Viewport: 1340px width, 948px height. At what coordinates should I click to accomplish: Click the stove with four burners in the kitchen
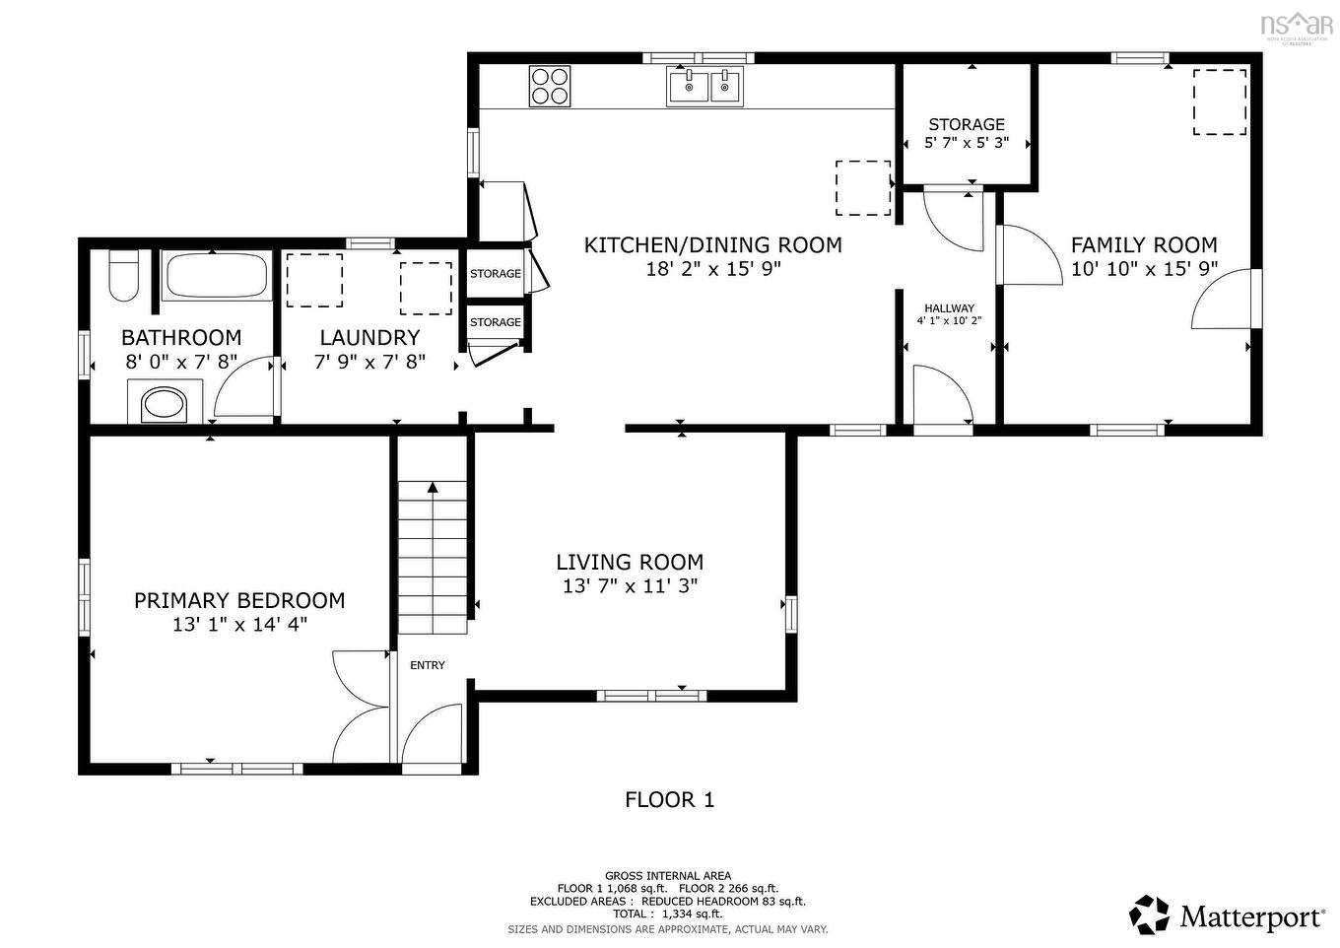550,85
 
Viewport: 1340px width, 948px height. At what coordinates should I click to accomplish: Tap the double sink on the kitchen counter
705,87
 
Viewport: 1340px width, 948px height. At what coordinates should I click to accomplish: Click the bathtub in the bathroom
217,276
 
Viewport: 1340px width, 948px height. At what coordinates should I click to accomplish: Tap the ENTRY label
428,665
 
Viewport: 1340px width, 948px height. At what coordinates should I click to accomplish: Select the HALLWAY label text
949,308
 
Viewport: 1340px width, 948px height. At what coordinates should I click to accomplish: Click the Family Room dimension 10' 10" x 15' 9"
1144,268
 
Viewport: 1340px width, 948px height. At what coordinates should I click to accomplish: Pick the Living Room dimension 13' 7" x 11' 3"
630,585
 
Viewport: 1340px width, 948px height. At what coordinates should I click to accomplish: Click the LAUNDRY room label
369,337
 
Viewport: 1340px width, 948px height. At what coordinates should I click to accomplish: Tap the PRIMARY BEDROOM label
239,600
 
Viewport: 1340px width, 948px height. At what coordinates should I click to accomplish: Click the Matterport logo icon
1149,914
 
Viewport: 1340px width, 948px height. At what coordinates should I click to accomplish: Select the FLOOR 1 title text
669,799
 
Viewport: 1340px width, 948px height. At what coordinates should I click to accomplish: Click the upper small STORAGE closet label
496,274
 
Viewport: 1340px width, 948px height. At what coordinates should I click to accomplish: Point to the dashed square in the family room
1220,102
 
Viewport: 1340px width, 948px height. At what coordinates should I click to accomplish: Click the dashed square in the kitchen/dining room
863,187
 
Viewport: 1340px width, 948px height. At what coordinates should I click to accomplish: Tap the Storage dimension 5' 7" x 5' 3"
966,143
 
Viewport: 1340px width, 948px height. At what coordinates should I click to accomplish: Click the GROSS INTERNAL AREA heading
668,875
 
